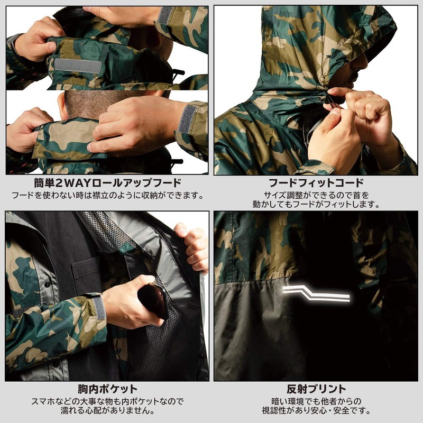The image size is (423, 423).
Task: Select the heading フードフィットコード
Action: (316, 183)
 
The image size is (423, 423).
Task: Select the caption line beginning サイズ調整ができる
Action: (316, 195)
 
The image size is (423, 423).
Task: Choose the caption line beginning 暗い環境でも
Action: (316, 401)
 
